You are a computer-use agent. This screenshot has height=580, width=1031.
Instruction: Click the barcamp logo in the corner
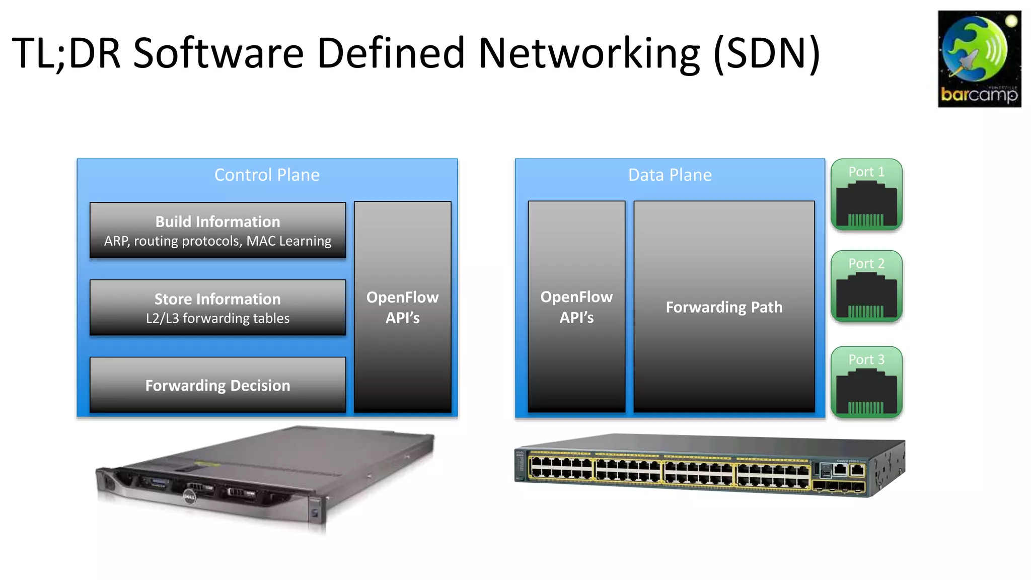(979, 59)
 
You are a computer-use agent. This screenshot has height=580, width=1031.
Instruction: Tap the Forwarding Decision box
(217, 385)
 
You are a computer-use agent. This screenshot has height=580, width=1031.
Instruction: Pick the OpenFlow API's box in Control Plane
(402, 307)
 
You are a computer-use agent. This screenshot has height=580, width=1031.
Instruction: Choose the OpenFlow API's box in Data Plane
(576, 307)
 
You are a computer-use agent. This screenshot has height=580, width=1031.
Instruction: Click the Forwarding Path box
(724, 307)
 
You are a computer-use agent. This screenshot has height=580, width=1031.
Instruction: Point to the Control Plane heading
(267, 175)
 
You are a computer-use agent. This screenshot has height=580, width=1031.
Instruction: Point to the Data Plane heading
(670, 175)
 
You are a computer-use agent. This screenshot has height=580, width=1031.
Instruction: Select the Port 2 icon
(866, 286)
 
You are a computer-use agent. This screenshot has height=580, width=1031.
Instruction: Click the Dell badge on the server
(189, 497)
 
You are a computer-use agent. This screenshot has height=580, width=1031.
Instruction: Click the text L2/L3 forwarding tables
(217, 318)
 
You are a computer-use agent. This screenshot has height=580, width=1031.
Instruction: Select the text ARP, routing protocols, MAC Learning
(217, 241)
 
